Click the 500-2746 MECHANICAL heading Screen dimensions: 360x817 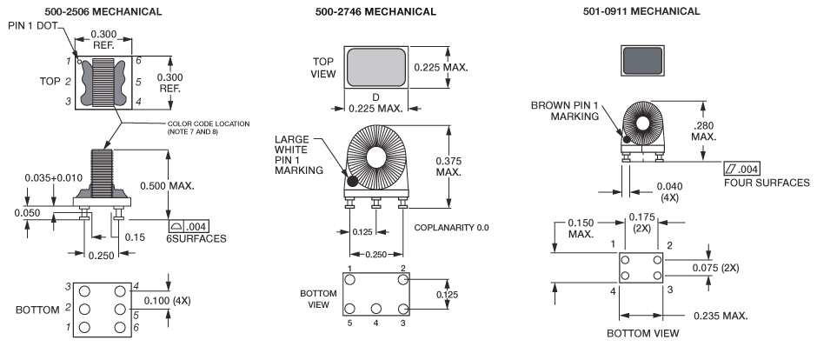[x=376, y=11]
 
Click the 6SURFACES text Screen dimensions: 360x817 [x=198, y=238]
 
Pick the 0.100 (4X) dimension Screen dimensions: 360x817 [x=170, y=299]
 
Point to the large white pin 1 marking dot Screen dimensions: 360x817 [x=354, y=181]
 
